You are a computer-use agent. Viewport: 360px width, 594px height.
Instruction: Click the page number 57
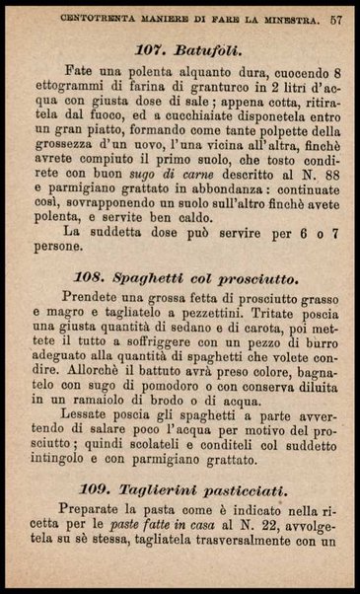(x=336, y=17)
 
